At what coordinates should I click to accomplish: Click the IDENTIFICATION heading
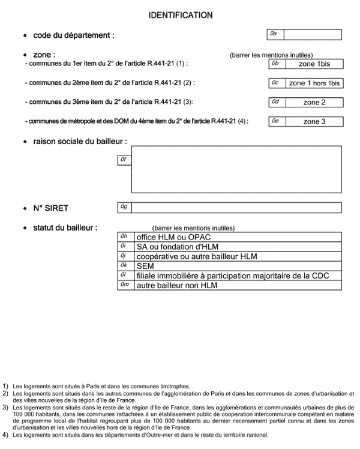coord(180,14)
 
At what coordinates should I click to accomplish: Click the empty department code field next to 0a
coord(312,35)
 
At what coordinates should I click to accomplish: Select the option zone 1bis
coord(314,64)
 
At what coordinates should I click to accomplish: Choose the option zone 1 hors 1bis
coord(314,83)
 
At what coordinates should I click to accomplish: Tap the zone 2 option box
coord(314,103)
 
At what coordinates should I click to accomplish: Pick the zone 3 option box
coord(314,122)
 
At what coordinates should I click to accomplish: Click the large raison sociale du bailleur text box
coord(236,169)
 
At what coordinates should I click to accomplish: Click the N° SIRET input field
coord(236,208)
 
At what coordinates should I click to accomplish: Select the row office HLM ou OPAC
coord(238,237)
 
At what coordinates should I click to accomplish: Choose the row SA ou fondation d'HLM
coord(238,247)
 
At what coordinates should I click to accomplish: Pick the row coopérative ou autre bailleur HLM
coord(238,256)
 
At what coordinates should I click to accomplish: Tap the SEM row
coord(238,266)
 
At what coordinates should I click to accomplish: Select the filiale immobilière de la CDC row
coord(238,276)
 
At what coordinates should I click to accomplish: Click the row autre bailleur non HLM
coord(238,285)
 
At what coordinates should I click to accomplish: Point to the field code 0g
coord(124,208)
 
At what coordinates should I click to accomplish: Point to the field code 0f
coord(124,160)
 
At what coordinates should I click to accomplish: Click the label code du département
coord(73,35)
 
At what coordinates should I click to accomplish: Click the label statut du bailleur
coord(65,228)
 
